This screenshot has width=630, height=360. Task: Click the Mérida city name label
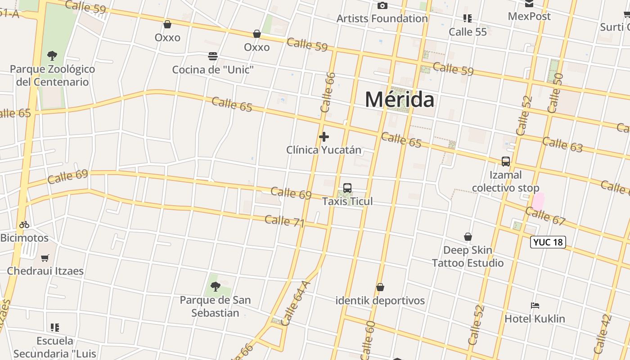pos(399,99)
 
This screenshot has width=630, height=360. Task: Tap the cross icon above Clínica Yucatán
pos(324,137)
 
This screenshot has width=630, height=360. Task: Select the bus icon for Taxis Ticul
pos(347,188)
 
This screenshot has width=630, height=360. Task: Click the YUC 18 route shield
pos(548,242)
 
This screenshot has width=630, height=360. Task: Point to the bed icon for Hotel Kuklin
pos(535,306)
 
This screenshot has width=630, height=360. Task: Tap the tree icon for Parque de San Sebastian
pos(216,286)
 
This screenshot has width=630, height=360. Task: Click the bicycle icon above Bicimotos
pos(24,225)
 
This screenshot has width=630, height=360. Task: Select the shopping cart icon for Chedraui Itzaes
pos(45,258)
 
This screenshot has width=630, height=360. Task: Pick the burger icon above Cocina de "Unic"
pos(213,56)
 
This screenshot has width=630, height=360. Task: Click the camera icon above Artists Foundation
pos(382,6)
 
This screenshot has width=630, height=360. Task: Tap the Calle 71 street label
pos(284,221)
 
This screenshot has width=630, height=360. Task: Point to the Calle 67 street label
pos(545,216)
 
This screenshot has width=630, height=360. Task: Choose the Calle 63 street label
pos(562,144)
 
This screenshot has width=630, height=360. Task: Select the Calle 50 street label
pos(555,93)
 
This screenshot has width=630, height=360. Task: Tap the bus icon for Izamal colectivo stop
pos(506,162)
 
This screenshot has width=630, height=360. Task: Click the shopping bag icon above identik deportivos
pos(380,287)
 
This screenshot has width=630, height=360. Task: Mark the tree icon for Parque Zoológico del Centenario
pos(52,56)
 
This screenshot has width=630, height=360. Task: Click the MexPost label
pos(529,16)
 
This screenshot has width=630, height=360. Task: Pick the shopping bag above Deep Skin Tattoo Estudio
pos(468,237)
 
